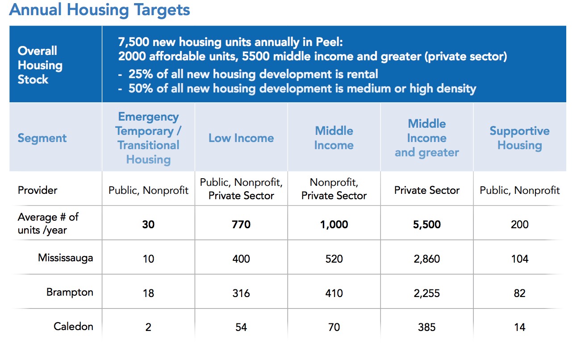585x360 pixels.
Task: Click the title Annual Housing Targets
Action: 100,10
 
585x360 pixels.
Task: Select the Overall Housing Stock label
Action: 40,65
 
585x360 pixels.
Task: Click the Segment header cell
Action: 42,138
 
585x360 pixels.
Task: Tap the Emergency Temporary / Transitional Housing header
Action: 148,138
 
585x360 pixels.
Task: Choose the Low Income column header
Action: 241,138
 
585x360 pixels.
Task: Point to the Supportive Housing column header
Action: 519,138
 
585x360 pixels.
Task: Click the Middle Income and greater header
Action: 426,138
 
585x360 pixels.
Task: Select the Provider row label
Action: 38,190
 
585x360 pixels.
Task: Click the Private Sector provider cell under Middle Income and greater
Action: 426,190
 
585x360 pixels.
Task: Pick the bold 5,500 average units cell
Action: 426,224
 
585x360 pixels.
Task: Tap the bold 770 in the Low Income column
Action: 241,224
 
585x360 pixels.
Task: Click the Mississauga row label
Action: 65,258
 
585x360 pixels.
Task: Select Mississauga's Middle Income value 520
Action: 334,259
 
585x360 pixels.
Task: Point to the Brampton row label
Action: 70,293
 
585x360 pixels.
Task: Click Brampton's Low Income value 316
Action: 241,293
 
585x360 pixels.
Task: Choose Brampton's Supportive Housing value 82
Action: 519,293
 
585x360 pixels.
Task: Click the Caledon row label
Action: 73,327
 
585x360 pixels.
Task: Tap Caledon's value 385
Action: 426,327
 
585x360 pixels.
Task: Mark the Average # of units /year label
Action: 48,224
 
